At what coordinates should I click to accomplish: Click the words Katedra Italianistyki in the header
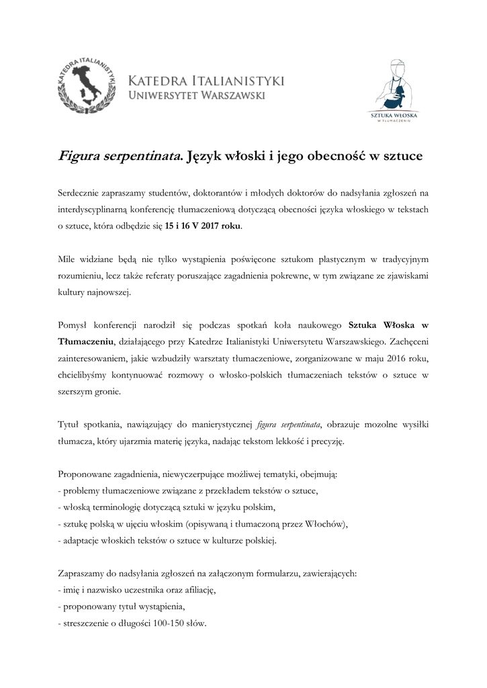pos(206,81)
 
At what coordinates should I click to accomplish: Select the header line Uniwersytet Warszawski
pos(196,95)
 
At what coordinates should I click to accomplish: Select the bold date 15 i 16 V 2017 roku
pos(202,226)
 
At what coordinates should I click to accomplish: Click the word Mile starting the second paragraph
pos(68,259)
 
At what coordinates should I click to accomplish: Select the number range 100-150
pos(172,623)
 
